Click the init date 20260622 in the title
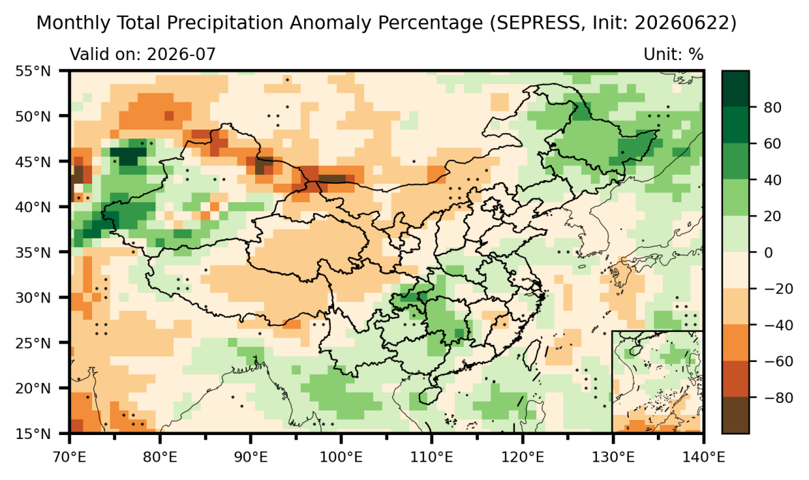tap(681, 23)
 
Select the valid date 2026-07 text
tap(181, 54)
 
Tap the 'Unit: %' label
tap(673, 54)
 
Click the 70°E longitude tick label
tap(70, 457)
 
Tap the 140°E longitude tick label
tap(704, 457)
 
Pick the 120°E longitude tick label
tap(523, 457)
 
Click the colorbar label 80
tap(772, 107)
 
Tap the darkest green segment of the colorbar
tap(735, 89)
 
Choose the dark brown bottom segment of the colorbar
tap(735, 415)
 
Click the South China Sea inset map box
tap(658, 382)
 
